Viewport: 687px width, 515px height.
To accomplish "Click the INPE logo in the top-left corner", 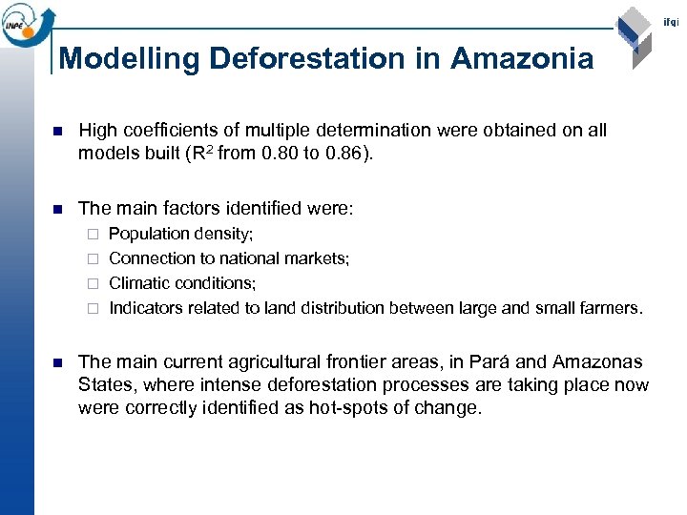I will (26, 23).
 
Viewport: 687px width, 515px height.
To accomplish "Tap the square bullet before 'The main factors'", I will (56, 208).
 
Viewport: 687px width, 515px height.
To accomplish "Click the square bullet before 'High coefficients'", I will (56, 131).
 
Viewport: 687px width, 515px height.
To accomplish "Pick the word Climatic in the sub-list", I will (139, 283).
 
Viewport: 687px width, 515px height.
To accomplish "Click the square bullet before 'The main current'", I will (56, 363).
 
